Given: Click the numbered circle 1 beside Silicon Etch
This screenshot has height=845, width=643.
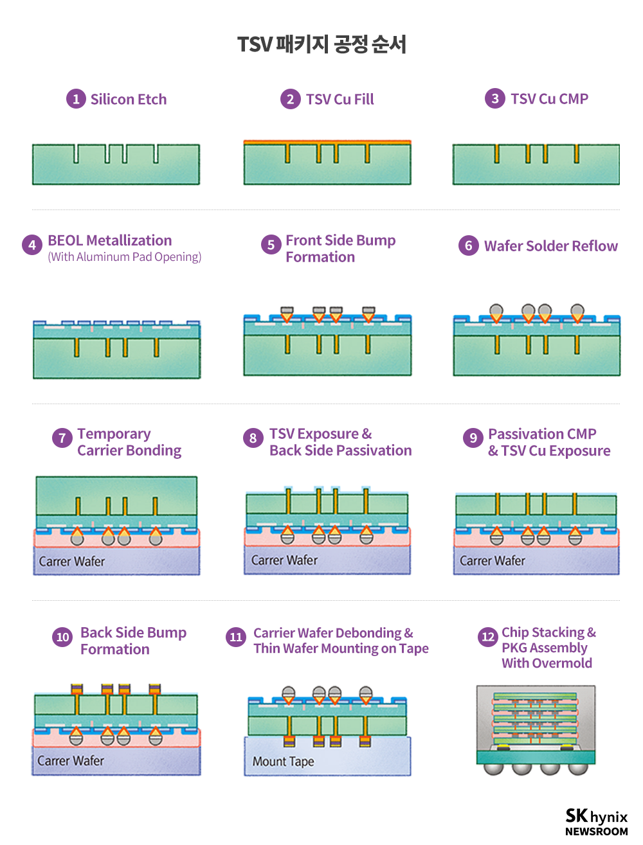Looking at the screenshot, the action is point(76,99).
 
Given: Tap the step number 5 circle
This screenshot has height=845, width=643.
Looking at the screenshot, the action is point(271,244).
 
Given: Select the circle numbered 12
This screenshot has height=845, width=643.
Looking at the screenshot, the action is point(487,636).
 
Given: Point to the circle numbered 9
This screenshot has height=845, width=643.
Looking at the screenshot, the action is point(473,438).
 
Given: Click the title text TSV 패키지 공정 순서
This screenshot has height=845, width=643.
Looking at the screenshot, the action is point(321,44).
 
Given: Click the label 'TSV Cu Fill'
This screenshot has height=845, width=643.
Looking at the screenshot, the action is point(340,100).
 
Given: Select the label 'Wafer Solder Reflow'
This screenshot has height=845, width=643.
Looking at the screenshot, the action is point(550,245).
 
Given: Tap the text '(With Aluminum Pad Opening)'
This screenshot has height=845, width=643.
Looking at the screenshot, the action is point(124,257).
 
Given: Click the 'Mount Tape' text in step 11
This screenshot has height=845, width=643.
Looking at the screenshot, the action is point(283,761).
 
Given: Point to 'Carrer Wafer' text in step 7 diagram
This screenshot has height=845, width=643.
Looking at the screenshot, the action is point(71,561).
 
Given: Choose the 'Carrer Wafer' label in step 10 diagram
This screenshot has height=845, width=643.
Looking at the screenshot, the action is point(71,761).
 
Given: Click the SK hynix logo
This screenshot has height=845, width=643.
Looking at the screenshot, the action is point(596,815).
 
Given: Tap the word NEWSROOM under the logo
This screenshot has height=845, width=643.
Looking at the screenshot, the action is point(596,832).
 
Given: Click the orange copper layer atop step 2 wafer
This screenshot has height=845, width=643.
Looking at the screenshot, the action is point(327,142).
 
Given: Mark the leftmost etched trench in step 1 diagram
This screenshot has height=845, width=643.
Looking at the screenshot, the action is point(77,154).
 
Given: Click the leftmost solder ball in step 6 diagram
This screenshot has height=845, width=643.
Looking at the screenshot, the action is point(496,310).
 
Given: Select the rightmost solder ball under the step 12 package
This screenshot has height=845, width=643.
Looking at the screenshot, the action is point(577,769).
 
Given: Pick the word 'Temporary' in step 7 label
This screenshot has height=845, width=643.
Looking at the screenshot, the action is point(114,434).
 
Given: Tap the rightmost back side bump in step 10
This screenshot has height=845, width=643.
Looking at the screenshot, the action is point(155,689).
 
